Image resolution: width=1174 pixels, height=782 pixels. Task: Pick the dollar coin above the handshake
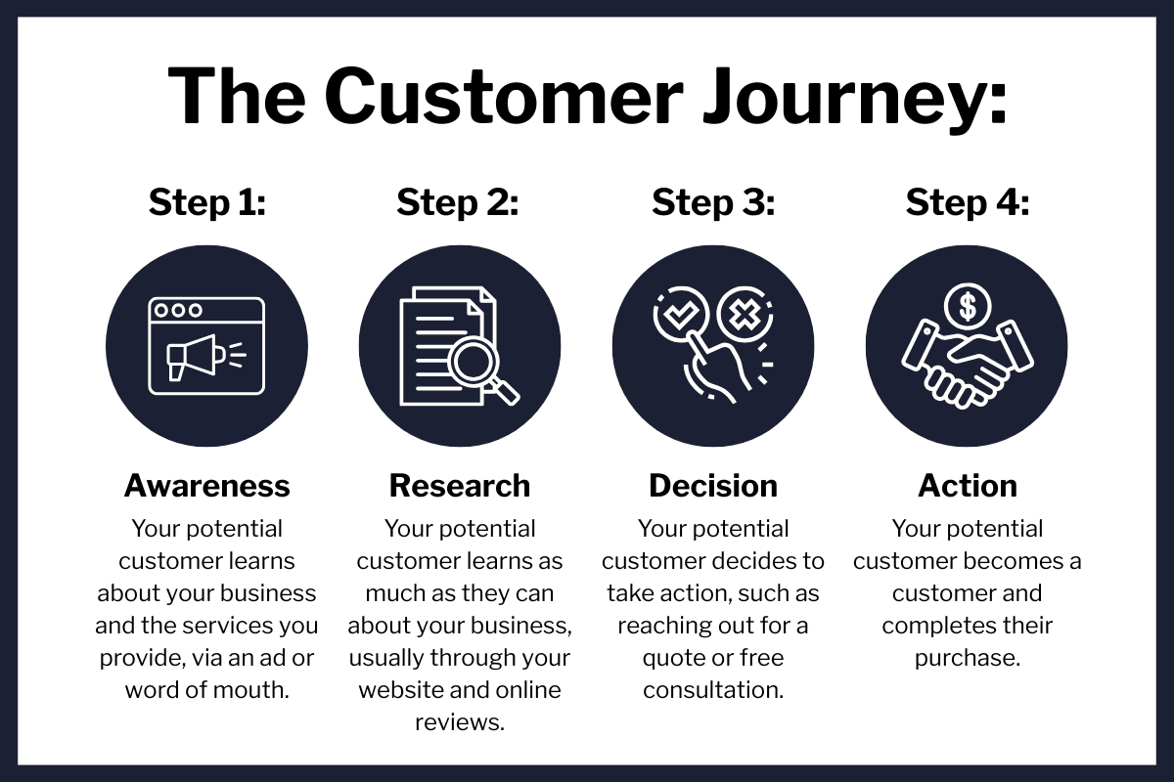click(968, 306)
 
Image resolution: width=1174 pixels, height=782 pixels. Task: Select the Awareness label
click(207, 486)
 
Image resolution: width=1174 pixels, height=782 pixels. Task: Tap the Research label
click(459, 486)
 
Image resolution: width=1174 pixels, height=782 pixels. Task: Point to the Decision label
click(713, 486)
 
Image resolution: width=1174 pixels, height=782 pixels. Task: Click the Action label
click(968, 486)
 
